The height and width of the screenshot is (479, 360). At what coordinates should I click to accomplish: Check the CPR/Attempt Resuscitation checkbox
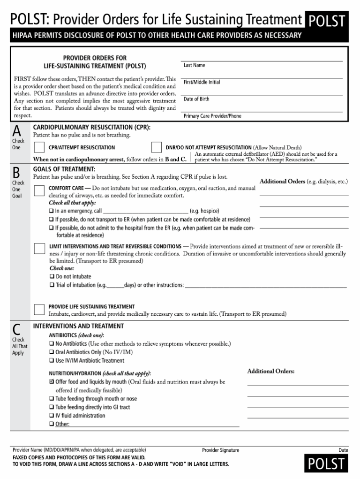coord(40,148)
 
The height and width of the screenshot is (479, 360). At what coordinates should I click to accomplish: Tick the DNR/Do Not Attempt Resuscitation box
coord(157,148)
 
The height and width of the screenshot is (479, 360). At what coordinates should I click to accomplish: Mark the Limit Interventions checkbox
coord(40,248)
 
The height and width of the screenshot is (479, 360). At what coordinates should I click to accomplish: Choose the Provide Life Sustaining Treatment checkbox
coord(40,309)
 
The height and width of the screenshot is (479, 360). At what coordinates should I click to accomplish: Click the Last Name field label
coord(194,65)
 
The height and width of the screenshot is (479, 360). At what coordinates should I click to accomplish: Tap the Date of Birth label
coord(196,99)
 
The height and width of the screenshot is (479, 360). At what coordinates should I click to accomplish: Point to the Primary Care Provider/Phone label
coord(212,116)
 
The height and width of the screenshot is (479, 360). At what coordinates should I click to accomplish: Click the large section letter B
coord(17,172)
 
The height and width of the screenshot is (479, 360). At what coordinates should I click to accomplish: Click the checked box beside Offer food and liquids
coord(52,382)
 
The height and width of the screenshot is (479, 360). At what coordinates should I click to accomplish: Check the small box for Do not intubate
coord(52,277)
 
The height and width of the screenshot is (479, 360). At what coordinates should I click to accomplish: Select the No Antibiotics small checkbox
coord(52,344)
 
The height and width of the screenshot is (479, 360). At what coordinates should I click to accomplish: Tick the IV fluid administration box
coord(52,416)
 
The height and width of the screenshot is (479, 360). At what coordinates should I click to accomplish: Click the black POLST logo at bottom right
coord(326,464)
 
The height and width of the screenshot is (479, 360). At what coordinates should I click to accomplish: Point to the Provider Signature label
coord(220,450)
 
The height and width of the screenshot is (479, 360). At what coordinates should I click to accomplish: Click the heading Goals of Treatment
coord(64,169)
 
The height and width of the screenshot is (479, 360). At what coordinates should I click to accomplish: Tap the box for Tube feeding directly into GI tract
coord(52,407)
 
